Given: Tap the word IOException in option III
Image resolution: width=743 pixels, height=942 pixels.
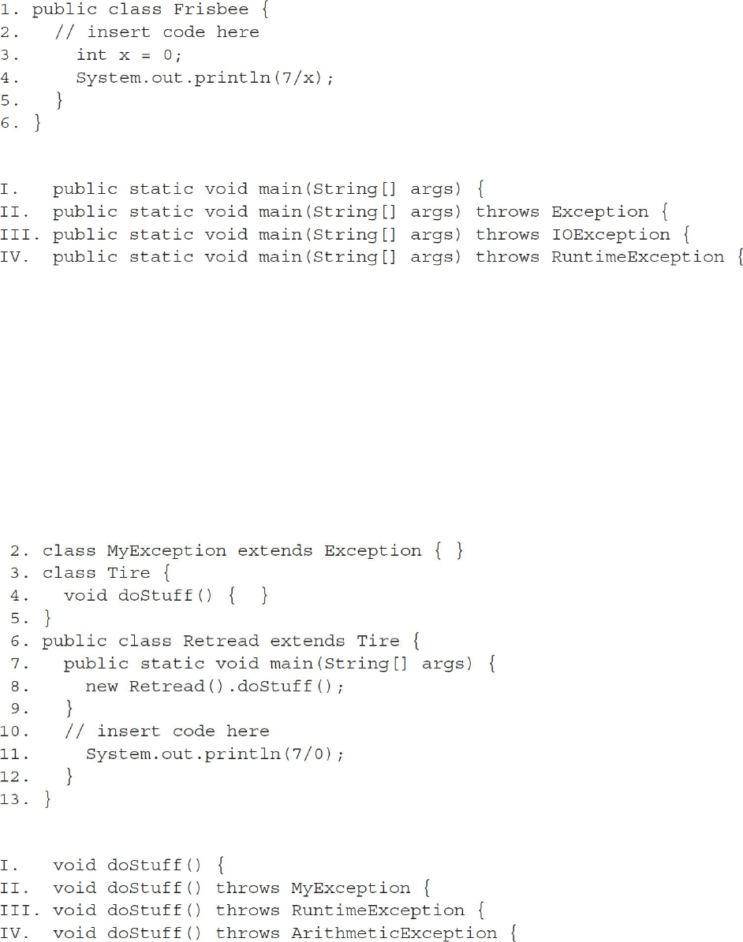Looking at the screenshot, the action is (x=610, y=234).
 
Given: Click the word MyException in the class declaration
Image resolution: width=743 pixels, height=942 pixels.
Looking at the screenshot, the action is (x=172, y=551).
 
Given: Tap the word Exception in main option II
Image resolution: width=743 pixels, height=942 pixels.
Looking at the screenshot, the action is (x=599, y=212).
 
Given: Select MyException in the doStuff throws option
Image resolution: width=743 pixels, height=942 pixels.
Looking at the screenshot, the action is (x=350, y=888).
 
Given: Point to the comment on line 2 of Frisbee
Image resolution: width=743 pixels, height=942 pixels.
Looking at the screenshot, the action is (x=156, y=32).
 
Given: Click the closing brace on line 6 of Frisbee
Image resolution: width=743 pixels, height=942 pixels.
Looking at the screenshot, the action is (x=36, y=124).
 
